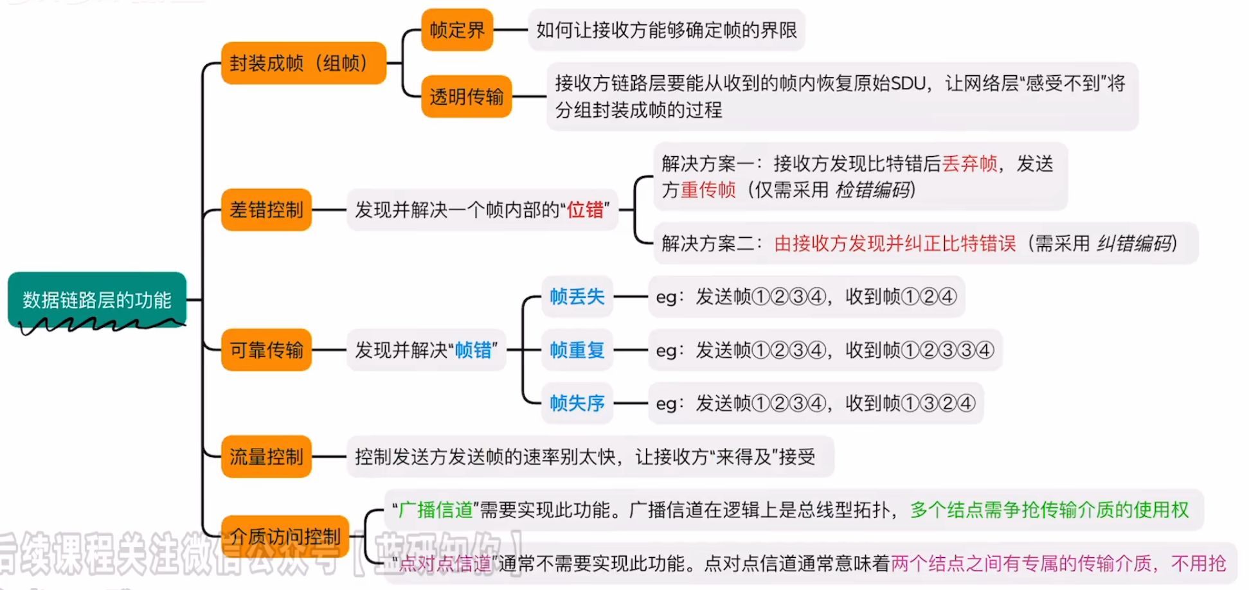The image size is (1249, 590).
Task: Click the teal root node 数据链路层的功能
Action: (96, 299)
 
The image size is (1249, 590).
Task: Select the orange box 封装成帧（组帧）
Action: (303, 63)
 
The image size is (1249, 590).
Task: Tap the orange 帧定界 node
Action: (457, 30)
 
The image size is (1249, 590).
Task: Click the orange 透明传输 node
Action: (466, 96)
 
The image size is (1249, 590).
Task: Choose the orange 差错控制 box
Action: (266, 210)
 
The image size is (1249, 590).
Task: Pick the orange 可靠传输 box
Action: (266, 350)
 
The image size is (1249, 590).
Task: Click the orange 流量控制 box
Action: (266, 456)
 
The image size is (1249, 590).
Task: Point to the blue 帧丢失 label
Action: (577, 296)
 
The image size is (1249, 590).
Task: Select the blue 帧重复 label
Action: (577, 350)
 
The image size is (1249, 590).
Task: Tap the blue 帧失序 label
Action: (577, 403)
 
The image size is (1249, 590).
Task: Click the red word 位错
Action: (585, 210)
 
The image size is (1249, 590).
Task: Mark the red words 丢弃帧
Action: (969, 163)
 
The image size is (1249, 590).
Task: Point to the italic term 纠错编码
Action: (1134, 243)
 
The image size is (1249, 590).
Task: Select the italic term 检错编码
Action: (873, 190)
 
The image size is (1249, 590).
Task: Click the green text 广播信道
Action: (436, 510)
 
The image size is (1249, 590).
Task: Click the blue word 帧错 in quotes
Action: (473, 350)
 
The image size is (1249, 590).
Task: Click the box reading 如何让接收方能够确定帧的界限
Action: (666, 30)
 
